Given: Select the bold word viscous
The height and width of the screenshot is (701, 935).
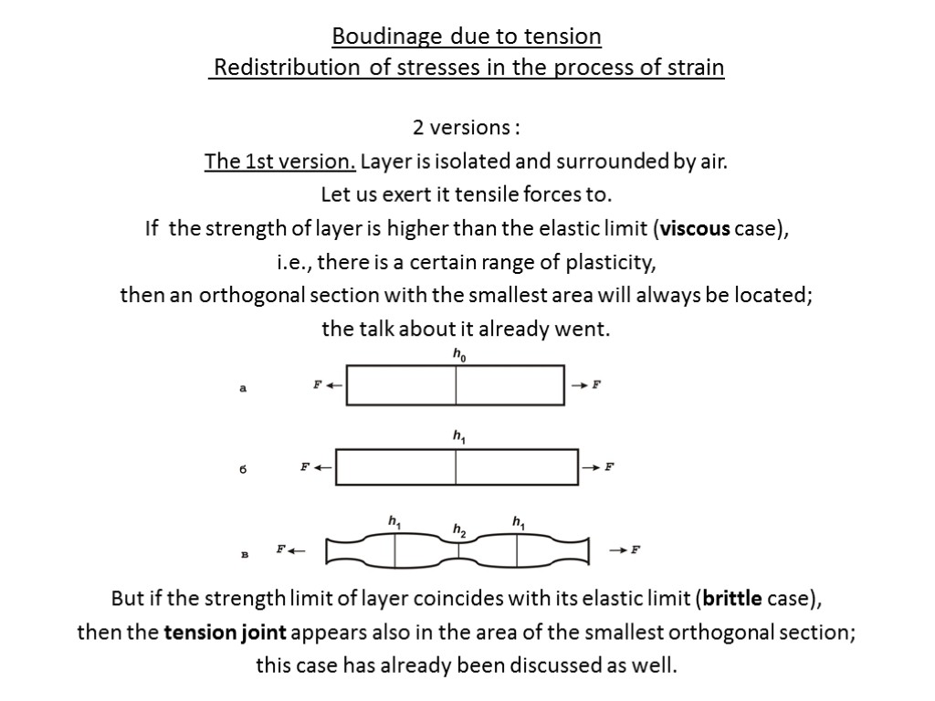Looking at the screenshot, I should point(694,228).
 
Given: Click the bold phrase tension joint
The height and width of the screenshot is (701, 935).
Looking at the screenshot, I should point(225,632).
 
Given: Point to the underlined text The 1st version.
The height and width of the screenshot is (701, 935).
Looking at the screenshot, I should point(280,162).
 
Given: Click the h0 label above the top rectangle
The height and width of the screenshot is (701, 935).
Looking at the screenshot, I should point(458,355).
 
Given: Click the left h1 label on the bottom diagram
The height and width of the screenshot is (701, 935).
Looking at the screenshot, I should point(394,522).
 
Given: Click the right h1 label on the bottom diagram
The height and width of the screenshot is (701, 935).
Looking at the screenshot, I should point(518,522).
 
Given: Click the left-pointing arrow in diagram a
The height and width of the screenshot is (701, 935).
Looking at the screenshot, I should point(333,385).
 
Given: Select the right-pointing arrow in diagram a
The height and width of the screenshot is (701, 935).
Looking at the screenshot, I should point(578,385).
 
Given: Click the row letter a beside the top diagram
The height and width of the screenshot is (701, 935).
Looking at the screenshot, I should point(243,388).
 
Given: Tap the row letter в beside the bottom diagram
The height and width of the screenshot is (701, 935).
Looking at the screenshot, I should point(244,553).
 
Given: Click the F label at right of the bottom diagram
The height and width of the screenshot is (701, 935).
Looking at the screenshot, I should point(636,549).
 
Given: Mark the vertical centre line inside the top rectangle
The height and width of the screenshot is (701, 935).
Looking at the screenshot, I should point(456,385).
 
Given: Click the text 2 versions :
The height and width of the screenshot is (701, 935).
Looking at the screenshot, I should point(467,127).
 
